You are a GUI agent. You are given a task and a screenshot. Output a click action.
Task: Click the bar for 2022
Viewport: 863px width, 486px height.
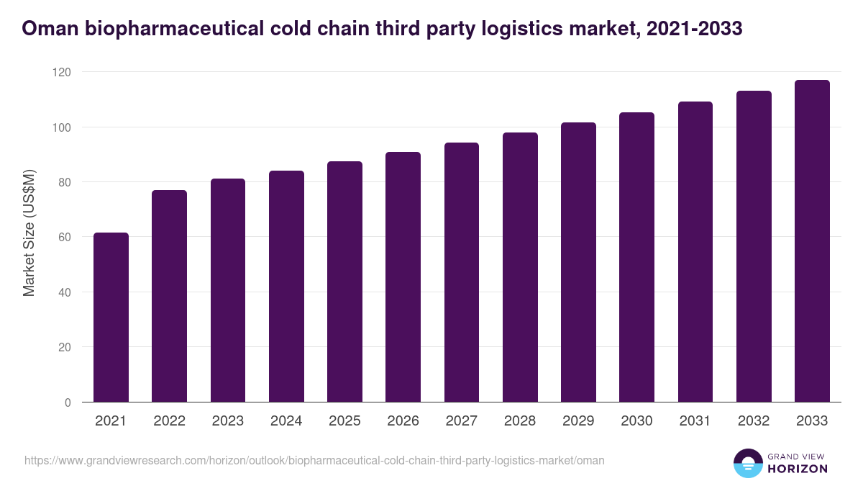coord(169,296)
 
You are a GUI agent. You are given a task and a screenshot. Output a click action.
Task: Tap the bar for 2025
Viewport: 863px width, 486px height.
coord(344,282)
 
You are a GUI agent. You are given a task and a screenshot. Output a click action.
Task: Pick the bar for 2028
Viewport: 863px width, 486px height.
coord(520,267)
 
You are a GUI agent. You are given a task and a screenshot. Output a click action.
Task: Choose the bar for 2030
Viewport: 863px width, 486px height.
coord(637,257)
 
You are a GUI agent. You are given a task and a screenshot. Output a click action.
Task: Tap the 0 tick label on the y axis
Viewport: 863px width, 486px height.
coord(68,402)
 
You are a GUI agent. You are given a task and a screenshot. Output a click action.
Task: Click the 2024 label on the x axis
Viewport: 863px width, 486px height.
coord(286,421)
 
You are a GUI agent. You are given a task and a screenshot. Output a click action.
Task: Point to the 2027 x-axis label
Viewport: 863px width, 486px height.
coord(462,421)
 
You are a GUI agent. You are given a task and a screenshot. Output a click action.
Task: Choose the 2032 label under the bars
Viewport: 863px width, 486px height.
coord(754,421)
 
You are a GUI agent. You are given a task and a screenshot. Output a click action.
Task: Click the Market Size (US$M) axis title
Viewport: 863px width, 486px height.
coord(29,233)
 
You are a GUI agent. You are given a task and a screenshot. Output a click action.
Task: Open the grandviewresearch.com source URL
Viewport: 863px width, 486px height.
coord(314,460)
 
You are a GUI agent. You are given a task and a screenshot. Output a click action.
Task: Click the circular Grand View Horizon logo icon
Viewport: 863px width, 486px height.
coord(748,463)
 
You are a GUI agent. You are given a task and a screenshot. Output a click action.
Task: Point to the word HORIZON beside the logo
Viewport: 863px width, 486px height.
coord(797,469)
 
